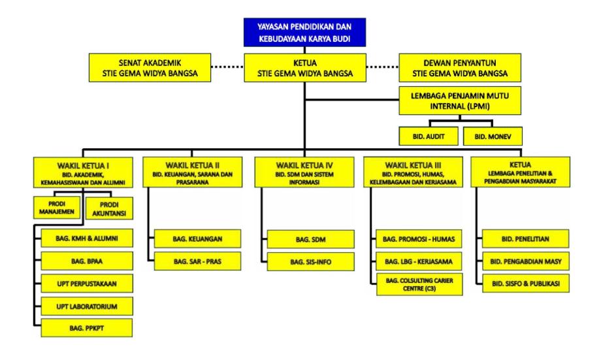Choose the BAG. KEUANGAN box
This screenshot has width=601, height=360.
tap(197, 239)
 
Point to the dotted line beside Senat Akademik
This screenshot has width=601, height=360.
tap(229, 67)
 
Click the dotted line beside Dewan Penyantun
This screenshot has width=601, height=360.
tap(383, 67)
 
